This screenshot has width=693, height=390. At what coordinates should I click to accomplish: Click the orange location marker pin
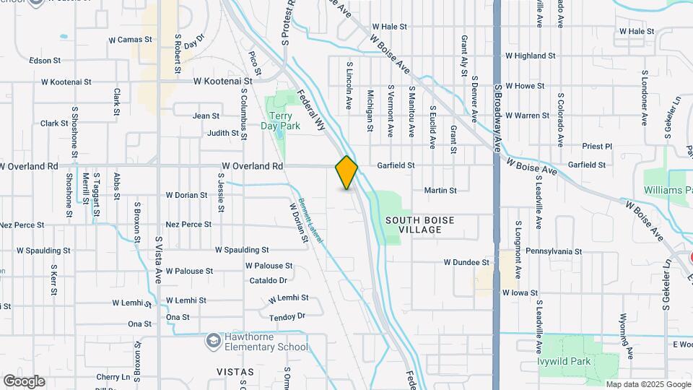[346, 172]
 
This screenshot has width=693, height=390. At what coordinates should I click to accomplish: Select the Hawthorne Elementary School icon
[214, 339]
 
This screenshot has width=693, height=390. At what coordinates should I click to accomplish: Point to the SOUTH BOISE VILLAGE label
[424, 224]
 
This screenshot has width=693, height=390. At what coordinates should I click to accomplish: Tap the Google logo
[24, 381]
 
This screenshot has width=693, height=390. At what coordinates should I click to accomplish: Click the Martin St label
[440, 191]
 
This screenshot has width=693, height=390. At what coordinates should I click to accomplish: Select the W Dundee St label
[466, 262]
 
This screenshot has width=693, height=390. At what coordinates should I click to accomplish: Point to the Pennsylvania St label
[554, 251]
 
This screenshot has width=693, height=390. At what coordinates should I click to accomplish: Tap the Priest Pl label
[597, 146]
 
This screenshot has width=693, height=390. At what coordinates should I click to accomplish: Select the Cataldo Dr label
[269, 280]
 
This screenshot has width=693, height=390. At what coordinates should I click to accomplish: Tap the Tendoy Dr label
[287, 316]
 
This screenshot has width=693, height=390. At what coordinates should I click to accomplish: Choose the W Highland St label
[531, 55]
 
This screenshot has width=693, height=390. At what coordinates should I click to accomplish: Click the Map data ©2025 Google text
[648, 384]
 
